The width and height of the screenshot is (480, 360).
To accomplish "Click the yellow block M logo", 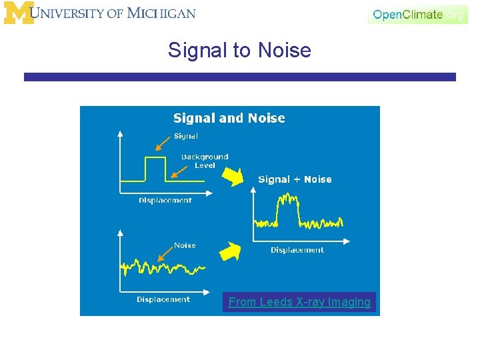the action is tap(19, 13).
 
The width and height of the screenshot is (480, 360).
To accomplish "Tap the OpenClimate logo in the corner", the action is tap(418, 14).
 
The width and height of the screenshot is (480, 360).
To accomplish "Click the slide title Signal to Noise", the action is tap(239, 50).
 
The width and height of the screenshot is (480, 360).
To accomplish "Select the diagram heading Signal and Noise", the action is tap(229, 118).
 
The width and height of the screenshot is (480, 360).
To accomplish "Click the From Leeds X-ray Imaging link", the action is tap(299, 302).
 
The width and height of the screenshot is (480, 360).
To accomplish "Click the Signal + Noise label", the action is tap(295, 179).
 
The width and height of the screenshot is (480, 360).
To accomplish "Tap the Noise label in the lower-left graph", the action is tap(185, 245).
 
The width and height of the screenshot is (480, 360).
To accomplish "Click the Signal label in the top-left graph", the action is tap(185, 136).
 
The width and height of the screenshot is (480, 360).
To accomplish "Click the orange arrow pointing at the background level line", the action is tap(177, 172).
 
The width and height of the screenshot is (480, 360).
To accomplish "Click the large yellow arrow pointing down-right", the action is tap(233, 177).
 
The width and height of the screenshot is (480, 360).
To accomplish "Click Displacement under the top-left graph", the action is tap(165, 200).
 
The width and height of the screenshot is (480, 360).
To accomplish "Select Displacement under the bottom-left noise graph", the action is tap(163, 299).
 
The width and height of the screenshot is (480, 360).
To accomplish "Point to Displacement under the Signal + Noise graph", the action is tap(297, 250).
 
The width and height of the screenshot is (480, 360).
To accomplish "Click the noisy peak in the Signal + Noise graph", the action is tap(288, 201).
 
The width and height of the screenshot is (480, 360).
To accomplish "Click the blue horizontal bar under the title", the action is tap(240, 77).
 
